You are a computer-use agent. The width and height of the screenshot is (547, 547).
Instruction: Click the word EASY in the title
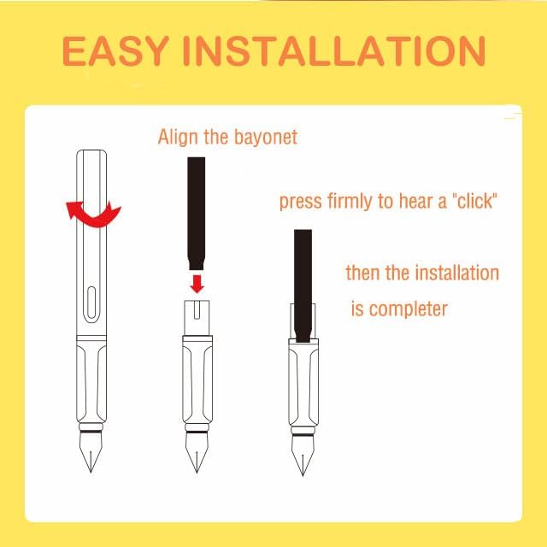pos(115,51)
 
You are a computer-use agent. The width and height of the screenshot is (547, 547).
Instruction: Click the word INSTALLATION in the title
pos(334,51)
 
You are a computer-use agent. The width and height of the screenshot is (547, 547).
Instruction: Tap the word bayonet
pos(266,137)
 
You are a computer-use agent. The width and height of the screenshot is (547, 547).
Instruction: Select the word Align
pos(179,137)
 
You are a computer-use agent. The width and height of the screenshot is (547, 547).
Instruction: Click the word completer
pos(409,309)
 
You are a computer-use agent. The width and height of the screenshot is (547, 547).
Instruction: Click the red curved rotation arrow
pos(93,215)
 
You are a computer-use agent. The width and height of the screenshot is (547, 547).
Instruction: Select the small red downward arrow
pos(197,283)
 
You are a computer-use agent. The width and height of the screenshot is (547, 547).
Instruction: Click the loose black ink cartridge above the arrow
pos(197,214)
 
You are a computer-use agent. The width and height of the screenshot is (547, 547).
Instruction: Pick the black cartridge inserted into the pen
pos(303,285)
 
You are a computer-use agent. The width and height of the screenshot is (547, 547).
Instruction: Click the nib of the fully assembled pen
pos(91,452)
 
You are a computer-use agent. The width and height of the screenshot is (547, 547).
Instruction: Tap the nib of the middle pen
pos(197,452)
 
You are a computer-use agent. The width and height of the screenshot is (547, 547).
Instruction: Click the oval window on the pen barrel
pos(91,303)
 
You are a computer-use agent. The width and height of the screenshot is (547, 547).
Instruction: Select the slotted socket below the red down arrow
pos(197,317)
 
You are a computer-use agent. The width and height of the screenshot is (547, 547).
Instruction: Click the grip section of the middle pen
pos(197,379)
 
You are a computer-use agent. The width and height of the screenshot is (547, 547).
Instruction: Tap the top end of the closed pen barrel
pos(91,150)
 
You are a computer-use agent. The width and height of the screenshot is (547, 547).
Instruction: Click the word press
pos(301,203)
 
